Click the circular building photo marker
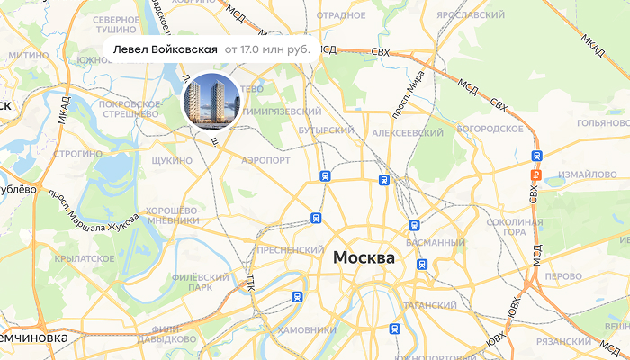[x=211, y=101]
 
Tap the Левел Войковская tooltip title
[x=166, y=49]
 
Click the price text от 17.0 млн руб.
[x=267, y=49]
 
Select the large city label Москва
[x=364, y=258]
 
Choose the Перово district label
[x=564, y=275]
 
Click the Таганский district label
[x=430, y=306]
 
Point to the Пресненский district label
[x=290, y=249]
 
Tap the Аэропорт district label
[x=266, y=160]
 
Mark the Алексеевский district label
[x=409, y=132]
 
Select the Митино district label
[x=30, y=56]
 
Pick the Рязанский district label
[x=563, y=342]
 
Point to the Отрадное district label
[x=341, y=15]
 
